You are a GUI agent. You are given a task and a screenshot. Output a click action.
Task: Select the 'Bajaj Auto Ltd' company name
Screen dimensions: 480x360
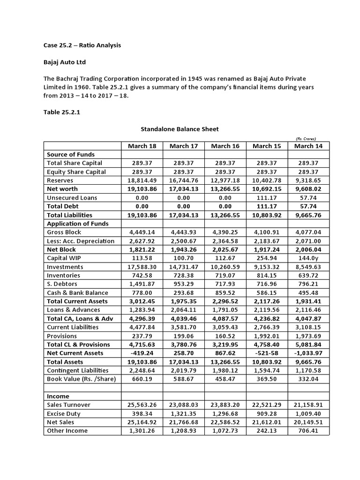click(x=65, y=62)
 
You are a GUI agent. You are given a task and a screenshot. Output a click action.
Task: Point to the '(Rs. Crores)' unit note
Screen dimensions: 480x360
click(x=306, y=139)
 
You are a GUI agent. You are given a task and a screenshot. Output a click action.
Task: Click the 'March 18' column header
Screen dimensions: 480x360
click(x=142, y=146)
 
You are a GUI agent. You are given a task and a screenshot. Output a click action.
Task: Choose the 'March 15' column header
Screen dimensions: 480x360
click(x=267, y=146)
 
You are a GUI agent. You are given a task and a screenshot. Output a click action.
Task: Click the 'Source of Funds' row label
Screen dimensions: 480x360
click(x=71, y=154)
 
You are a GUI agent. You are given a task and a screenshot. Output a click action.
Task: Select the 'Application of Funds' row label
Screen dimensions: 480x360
click(x=78, y=224)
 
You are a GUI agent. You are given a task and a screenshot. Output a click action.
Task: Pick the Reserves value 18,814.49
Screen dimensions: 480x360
click(x=142, y=180)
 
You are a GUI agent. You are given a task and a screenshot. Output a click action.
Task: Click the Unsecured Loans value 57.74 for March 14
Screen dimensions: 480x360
click(x=308, y=198)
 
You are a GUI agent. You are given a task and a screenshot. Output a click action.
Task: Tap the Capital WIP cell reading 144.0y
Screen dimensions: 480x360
click(x=308, y=258)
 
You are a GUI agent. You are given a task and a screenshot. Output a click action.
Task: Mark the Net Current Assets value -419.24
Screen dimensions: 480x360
click(x=142, y=353)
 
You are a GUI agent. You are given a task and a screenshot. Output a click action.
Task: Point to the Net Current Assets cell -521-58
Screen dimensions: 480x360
click(x=267, y=353)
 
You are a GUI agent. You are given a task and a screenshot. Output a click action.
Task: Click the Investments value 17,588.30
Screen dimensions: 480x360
click(x=142, y=267)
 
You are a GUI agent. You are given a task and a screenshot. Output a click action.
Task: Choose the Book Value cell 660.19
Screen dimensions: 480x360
click(x=142, y=379)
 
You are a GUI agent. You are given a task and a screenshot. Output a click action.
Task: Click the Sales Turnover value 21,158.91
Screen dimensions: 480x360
click(x=308, y=405)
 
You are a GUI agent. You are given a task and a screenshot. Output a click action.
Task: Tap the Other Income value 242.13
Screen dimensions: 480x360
click(x=267, y=431)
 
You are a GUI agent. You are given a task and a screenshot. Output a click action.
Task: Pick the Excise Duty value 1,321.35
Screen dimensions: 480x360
click(x=184, y=413)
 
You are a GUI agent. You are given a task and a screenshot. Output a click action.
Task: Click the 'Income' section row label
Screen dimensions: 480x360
click(x=58, y=397)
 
